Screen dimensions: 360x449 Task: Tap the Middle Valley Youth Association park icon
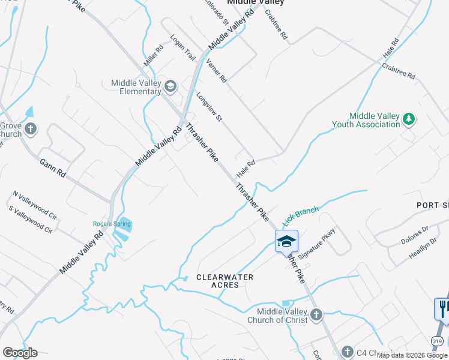coord(409,119)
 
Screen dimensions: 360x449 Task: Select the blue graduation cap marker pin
coord(286,241)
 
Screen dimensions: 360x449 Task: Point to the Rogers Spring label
coord(112,224)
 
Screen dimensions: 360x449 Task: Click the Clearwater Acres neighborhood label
coord(225,281)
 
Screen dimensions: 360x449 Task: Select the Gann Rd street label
coord(52,168)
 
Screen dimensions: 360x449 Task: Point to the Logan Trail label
coord(183,47)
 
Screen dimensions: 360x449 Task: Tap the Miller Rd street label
coord(154,56)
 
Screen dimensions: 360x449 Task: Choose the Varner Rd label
coord(216,70)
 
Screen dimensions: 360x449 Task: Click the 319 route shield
coord(437,340)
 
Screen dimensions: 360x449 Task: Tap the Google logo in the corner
coord(20,353)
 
